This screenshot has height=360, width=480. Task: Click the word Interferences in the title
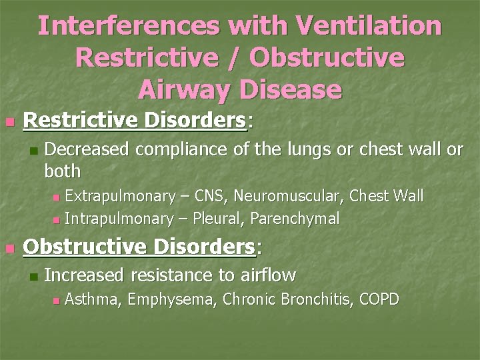[x=128, y=27]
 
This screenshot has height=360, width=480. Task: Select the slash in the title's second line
[x=240, y=58]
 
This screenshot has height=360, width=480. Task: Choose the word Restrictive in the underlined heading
[x=79, y=121]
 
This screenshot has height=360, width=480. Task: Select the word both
[x=62, y=171]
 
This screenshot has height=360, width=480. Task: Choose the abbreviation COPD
[x=379, y=299]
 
